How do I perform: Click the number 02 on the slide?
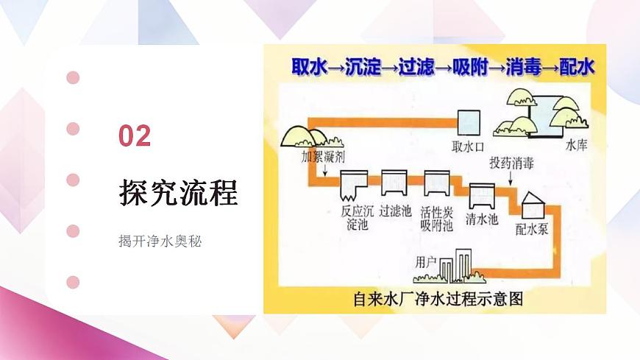coord(135,136)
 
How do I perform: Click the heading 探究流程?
coord(178,193)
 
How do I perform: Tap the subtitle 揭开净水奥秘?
coord(160,241)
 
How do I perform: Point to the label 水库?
coord(576,146)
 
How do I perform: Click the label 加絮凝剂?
coord(323,157)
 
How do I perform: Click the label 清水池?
coord(482,219)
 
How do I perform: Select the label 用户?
coord(427,261)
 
